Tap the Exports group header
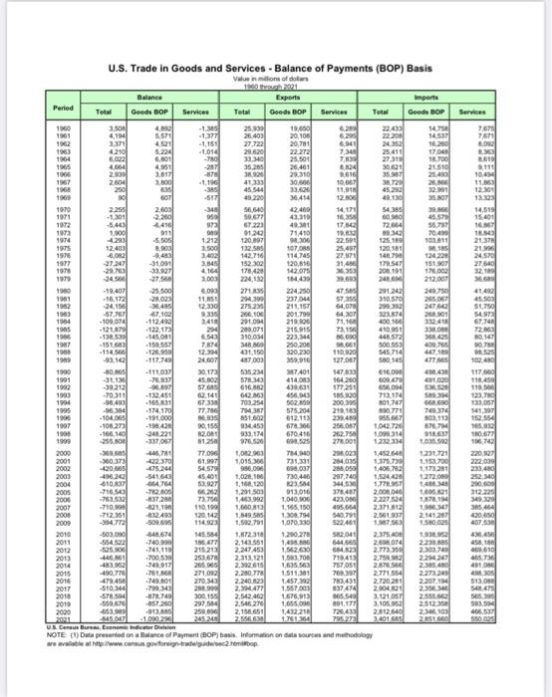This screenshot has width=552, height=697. click(x=306, y=95)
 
